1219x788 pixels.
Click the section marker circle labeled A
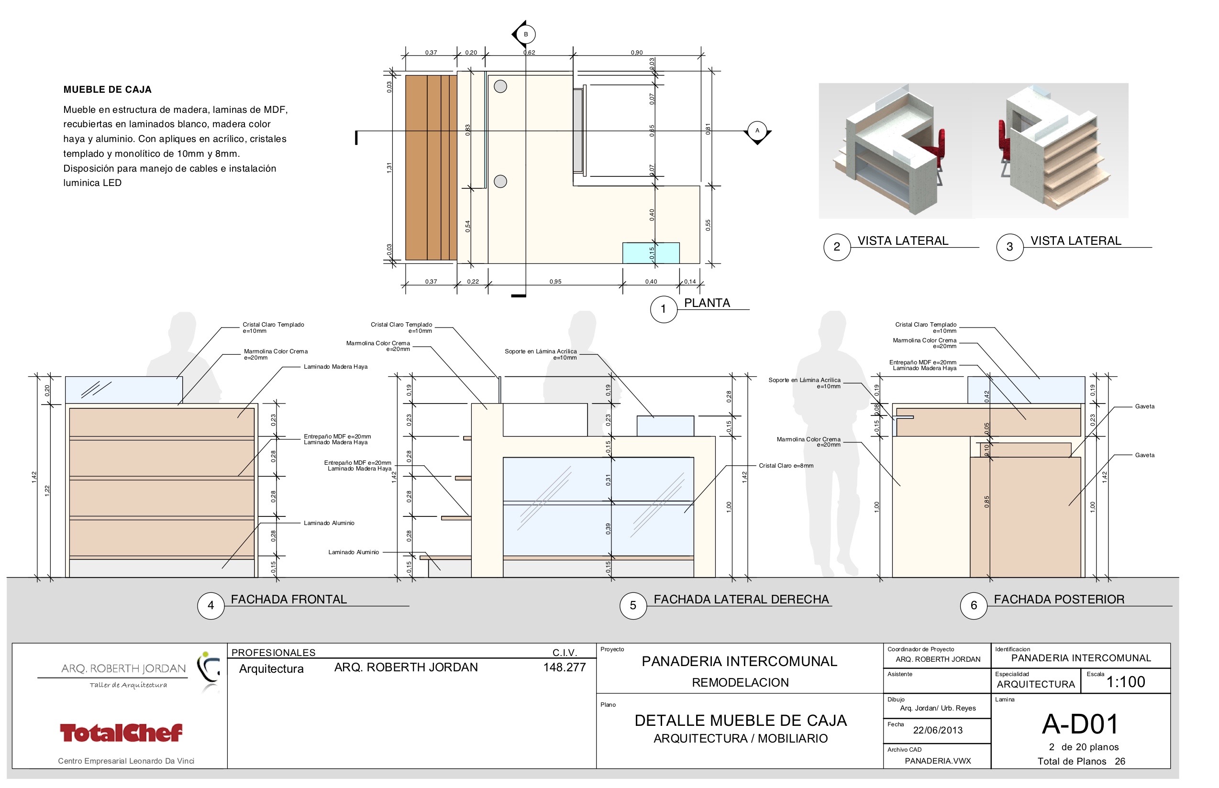pyautogui.click(x=757, y=131)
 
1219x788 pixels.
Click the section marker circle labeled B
pyautogui.click(x=525, y=34)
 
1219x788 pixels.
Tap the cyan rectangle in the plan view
pyautogui.click(x=650, y=253)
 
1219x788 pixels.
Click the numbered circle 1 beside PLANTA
pyautogui.click(x=663, y=308)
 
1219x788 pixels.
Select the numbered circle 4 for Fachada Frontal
pyautogui.click(x=211, y=605)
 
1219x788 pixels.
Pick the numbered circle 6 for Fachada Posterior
pyautogui.click(x=973, y=605)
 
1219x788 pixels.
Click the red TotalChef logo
pyautogui.click(x=121, y=732)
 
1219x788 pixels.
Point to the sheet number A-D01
pyautogui.click(x=1080, y=724)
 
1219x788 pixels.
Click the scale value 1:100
pyautogui.click(x=1125, y=681)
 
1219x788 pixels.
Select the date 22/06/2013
pyautogui.click(x=937, y=730)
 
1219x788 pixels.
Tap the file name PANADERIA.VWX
pyautogui.click(x=937, y=761)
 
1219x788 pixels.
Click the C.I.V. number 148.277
pyautogui.click(x=564, y=667)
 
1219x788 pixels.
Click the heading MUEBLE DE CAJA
pyautogui.click(x=108, y=89)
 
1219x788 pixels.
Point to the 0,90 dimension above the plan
pyautogui.click(x=636, y=53)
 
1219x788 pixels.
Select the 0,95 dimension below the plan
pyautogui.click(x=555, y=282)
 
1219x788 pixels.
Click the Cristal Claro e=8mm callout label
pyautogui.click(x=786, y=466)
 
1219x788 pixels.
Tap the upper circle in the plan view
pyautogui.click(x=500, y=87)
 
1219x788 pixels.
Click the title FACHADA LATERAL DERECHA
pyautogui.click(x=741, y=599)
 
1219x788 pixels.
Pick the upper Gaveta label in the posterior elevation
pyautogui.click(x=1144, y=406)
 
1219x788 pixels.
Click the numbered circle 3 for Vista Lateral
pyautogui.click(x=1009, y=247)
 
